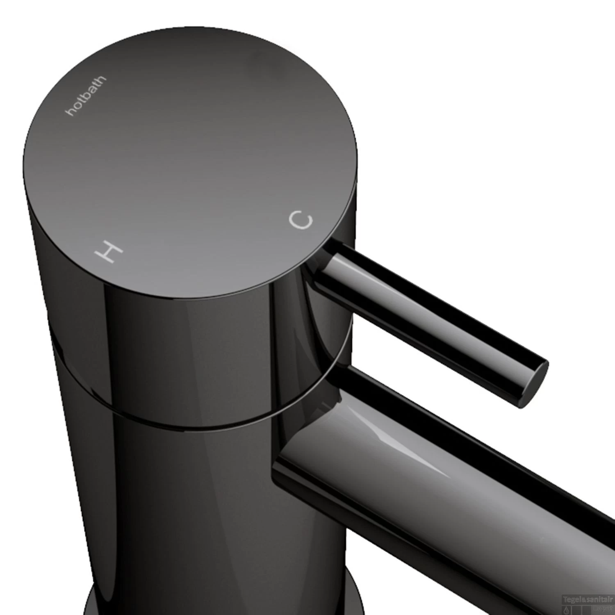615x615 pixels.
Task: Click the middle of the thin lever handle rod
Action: pyautogui.click(x=430, y=312)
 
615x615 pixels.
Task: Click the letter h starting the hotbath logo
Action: pyautogui.click(x=71, y=112)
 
